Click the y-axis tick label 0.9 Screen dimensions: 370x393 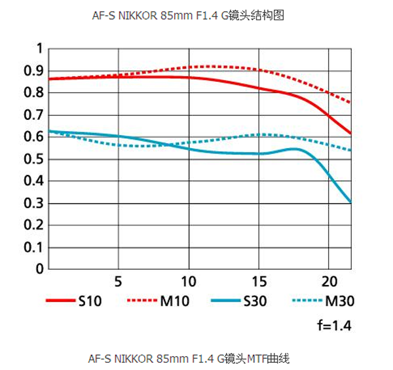[32, 71]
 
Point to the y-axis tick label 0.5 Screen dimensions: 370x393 [32, 159]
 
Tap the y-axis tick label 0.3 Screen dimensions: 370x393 [32, 203]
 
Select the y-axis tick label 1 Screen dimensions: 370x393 [39, 48]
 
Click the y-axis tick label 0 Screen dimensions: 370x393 [39, 268]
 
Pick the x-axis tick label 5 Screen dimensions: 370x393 [119, 281]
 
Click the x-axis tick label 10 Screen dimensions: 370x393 [189, 281]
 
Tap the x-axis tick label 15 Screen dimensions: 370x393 [260, 281]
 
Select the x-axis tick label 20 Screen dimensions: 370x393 [330, 281]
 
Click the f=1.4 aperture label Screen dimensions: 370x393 [335, 325]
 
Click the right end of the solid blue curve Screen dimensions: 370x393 [351, 202]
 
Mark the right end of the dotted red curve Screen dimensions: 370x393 [351, 103]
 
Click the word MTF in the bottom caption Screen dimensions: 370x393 [257, 359]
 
